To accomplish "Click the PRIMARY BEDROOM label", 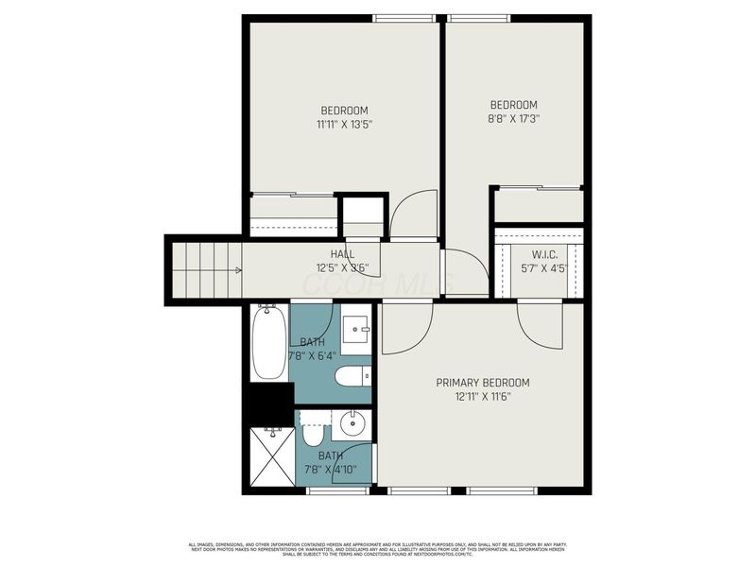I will pos(482,383).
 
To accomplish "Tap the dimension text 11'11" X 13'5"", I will pos(343,124).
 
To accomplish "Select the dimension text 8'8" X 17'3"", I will pos(513,118).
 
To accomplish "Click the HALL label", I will pos(342,254).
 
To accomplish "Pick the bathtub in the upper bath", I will pos(268,342).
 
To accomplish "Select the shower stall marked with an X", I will pos(271,457).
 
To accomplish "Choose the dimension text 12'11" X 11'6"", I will pos(482,397).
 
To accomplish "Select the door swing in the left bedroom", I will pos(411,215).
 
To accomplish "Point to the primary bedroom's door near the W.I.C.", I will pos(540,323).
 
